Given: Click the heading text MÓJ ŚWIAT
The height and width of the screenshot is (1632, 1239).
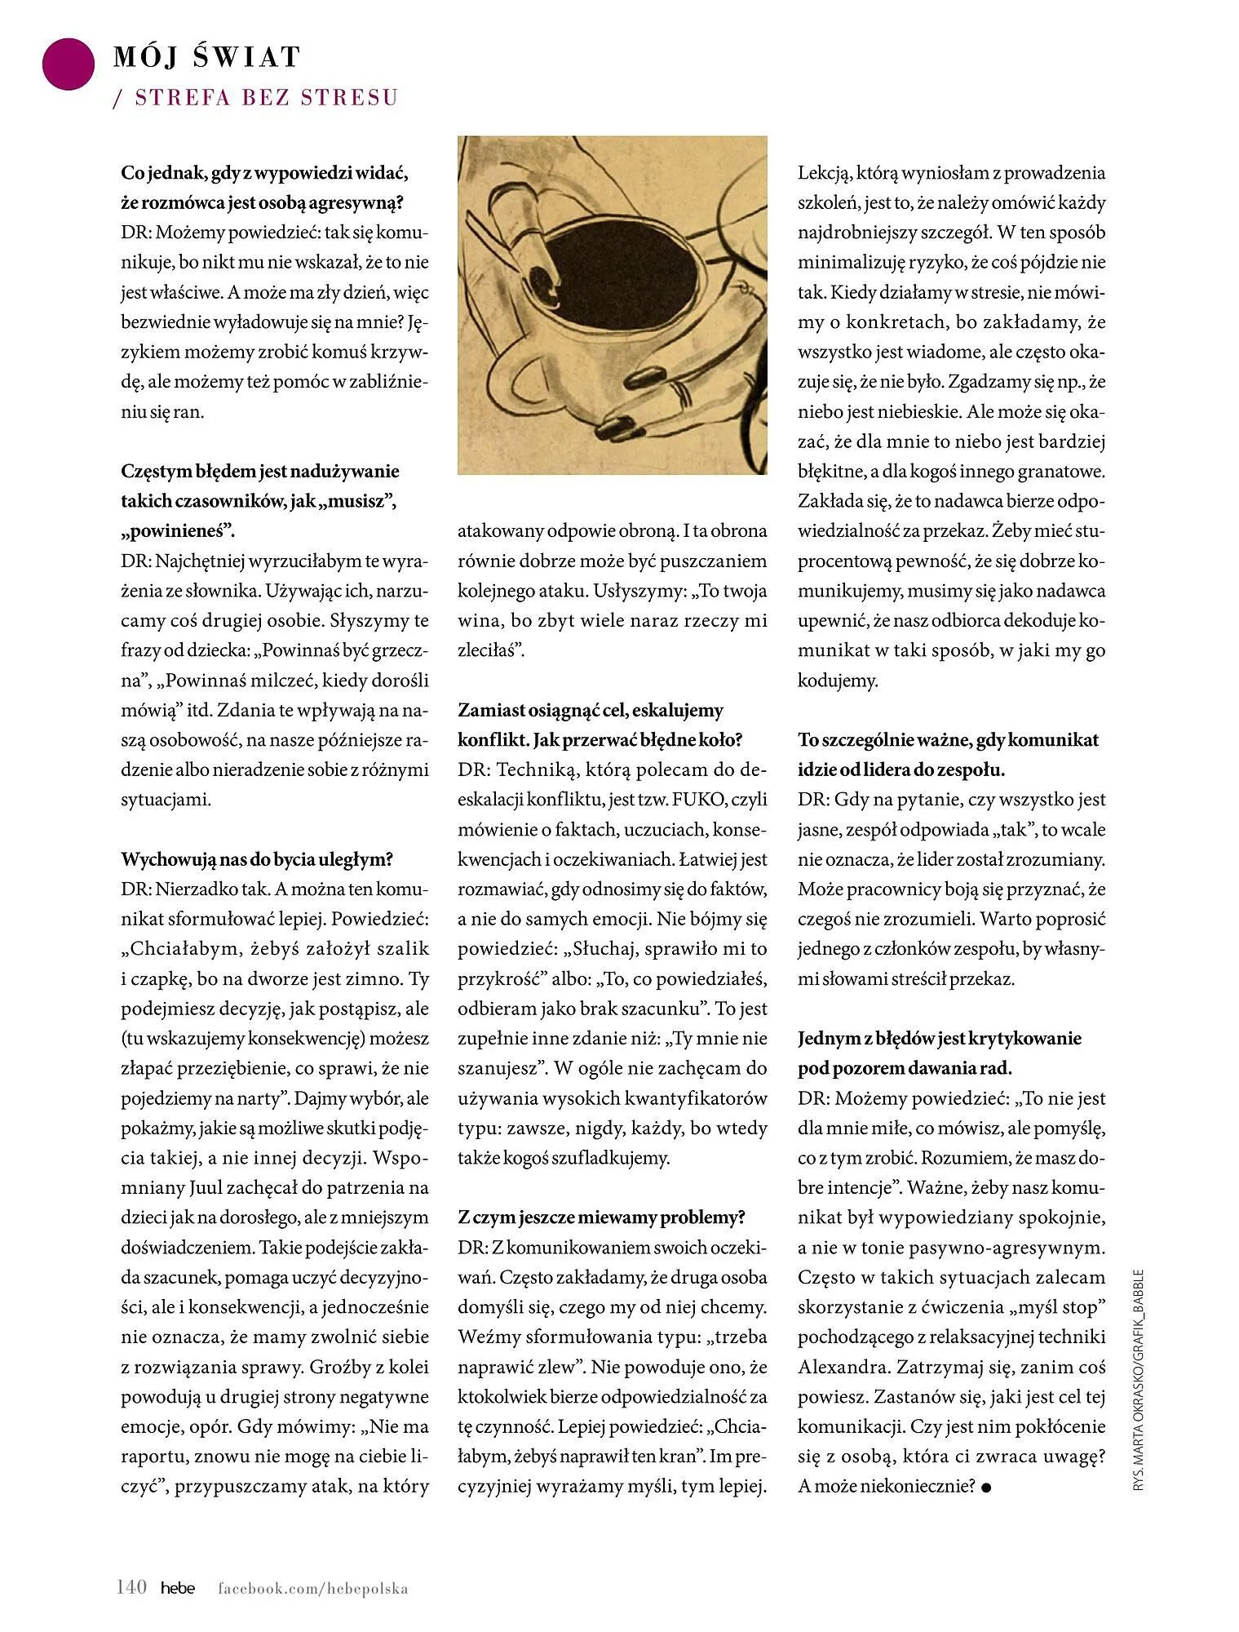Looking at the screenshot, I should [x=207, y=57].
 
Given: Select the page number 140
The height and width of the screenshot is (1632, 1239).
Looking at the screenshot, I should [x=131, y=1587].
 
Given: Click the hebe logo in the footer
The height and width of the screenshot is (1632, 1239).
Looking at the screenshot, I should [x=178, y=1588].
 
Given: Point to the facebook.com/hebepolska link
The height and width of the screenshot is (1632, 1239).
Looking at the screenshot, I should [x=312, y=1588].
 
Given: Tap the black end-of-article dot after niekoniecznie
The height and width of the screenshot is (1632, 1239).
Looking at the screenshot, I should [x=986, y=1487].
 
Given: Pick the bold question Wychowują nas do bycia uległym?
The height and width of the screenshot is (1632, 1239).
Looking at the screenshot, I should [x=257, y=858].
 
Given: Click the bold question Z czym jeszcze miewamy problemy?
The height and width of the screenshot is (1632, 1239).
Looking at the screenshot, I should [x=602, y=1217].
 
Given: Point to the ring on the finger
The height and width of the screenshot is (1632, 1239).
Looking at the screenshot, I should [x=679, y=396].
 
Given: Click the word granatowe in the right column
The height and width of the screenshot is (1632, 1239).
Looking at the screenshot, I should [x=1064, y=472].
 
